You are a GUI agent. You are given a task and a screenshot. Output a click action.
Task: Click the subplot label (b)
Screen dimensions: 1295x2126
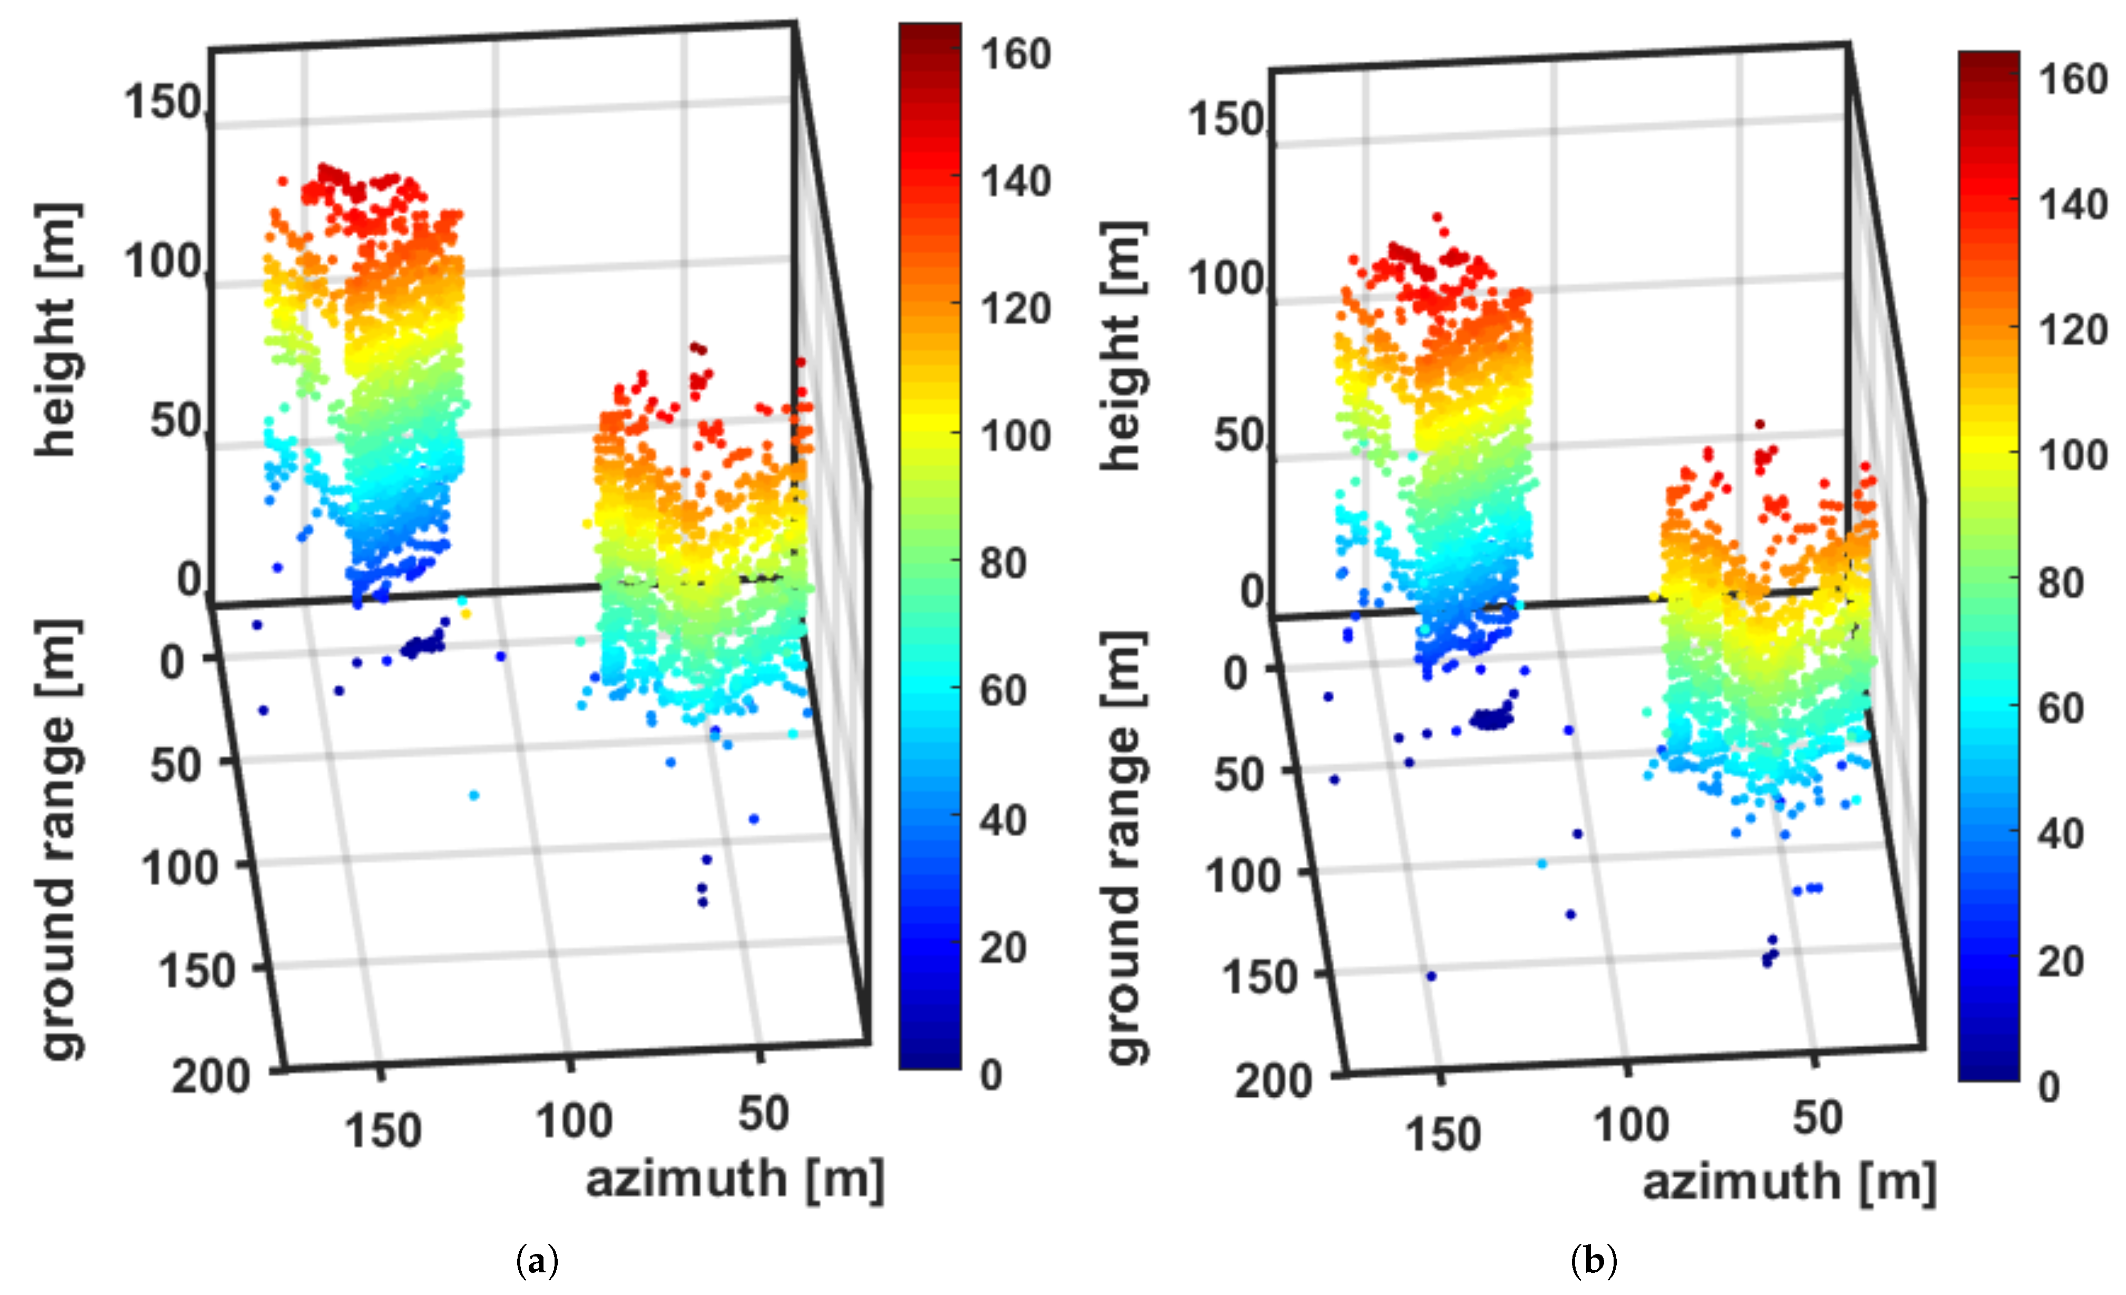(x=1593, y=1261)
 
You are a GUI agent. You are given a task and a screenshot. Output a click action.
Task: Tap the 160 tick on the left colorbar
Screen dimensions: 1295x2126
(x=1015, y=54)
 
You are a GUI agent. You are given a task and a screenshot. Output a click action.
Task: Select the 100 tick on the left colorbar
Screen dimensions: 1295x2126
(x=1015, y=435)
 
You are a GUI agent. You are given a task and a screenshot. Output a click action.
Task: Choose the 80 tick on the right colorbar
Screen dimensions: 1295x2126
(x=2061, y=583)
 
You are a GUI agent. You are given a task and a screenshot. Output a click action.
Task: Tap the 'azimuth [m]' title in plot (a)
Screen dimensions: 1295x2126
(x=735, y=1178)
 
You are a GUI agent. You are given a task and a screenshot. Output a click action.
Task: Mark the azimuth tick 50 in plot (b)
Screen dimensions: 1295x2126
(x=1817, y=1118)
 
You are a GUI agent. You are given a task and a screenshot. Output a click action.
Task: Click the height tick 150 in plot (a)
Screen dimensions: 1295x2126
(x=162, y=103)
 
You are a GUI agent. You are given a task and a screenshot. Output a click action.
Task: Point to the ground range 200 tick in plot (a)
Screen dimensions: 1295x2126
(x=210, y=1076)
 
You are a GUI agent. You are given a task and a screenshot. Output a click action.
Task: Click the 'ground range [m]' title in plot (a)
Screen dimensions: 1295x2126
(x=61, y=839)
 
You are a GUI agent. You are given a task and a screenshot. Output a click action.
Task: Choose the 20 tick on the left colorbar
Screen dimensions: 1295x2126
(x=1003, y=948)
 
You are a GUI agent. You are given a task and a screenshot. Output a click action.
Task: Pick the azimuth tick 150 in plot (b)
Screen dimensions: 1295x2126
(x=1443, y=1134)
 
